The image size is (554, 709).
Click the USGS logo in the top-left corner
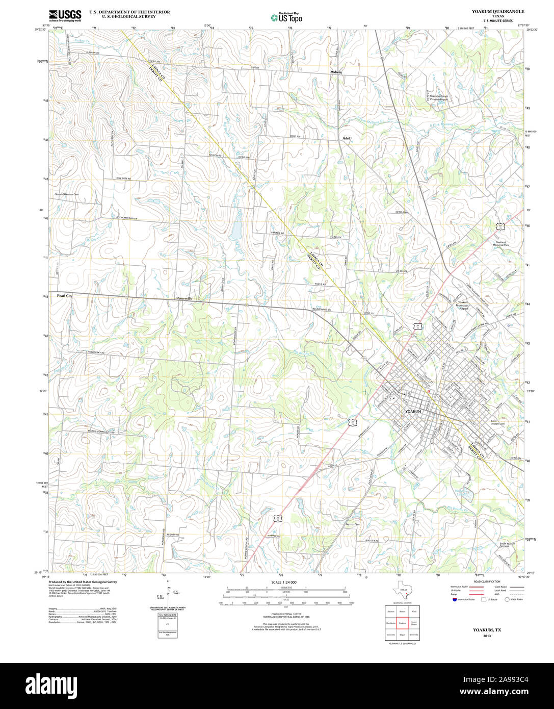point(65,16)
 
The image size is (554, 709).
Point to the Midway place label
point(336,72)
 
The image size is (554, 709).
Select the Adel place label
point(347,138)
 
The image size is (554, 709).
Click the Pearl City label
point(65,296)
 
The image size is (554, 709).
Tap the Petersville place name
point(184,298)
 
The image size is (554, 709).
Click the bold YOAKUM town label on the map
point(414,411)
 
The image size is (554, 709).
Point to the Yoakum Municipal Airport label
point(463,305)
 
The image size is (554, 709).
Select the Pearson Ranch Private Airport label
point(438,97)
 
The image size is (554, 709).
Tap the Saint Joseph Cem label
point(497,422)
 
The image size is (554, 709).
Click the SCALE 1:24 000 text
point(284,582)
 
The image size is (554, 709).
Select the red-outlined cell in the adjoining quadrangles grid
point(402,622)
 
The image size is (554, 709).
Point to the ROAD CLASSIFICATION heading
point(486,581)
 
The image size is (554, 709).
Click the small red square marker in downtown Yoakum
point(429,392)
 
